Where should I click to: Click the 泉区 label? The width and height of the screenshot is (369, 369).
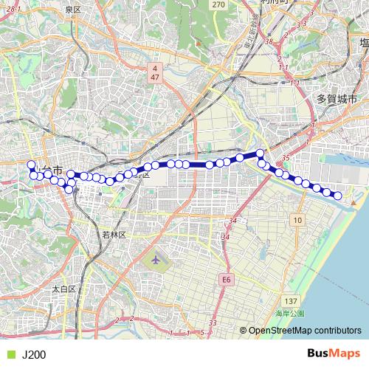click(x=72, y=10)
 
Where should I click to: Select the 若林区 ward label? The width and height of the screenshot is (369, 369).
click(x=115, y=234)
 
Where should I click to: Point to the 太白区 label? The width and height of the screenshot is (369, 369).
click(x=64, y=289)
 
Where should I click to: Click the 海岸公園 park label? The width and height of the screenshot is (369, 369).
click(x=289, y=313)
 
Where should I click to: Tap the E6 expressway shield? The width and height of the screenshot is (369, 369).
click(x=226, y=280)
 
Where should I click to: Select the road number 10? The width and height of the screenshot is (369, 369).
click(x=297, y=220)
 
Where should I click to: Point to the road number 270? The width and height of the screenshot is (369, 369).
click(x=218, y=4)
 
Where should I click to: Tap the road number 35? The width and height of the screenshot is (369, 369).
click(x=286, y=158)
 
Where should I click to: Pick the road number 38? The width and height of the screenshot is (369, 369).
click(x=269, y=41)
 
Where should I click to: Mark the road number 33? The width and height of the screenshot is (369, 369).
click(x=213, y=323)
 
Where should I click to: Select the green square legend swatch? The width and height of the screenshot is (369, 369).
click(x=9, y=354)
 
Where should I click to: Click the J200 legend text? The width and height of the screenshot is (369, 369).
click(x=34, y=354)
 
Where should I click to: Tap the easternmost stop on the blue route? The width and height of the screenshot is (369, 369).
click(x=338, y=196)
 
